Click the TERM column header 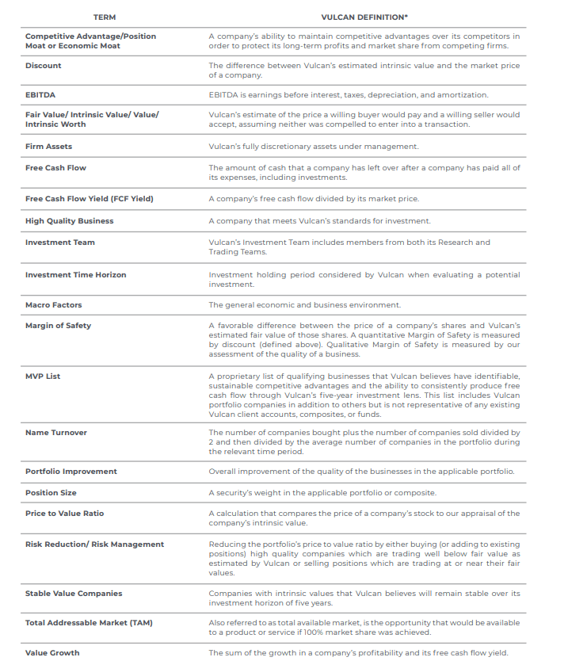(x=104, y=17)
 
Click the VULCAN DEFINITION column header (x=364, y=17)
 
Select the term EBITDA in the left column (x=40, y=94)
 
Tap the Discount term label (x=44, y=66)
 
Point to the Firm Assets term (x=49, y=147)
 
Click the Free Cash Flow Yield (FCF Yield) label (x=90, y=198)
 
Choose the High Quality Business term (x=70, y=221)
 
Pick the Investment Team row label (x=60, y=243)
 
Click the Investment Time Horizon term (x=76, y=275)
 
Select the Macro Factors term (x=54, y=305)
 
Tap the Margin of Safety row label (x=58, y=326)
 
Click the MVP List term (x=43, y=376)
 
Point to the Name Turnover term (x=56, y=433)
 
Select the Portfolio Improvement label (x=71, y=472)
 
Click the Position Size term (x=53, y=493)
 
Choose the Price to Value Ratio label (x=65, y=514)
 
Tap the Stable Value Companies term (x=74, y=594)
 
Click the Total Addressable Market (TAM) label (x=89, y=623)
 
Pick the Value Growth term (x=52, y=653)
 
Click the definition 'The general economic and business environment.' (x=305, y=305)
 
